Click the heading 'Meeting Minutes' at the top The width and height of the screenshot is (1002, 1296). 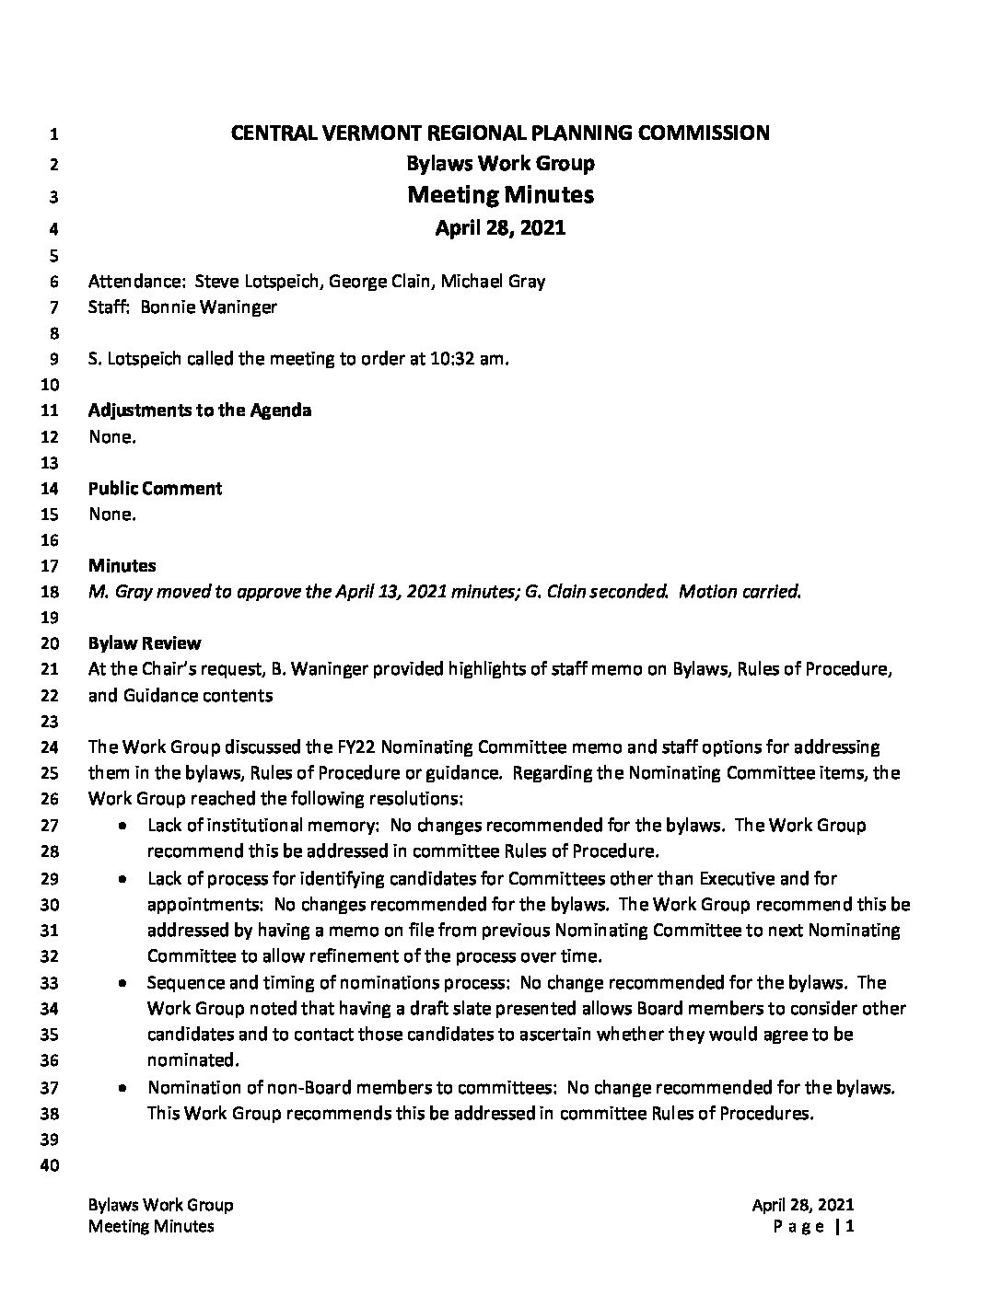point(500,195)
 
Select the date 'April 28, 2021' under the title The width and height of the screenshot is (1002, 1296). point(500,227)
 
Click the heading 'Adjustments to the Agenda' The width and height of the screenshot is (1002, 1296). point(200,411)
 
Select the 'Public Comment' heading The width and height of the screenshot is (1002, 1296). point(156,489)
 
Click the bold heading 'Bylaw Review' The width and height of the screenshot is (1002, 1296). point(145,643)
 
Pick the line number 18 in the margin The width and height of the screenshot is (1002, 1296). point(52,593)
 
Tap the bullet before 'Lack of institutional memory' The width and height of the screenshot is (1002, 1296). point(122,827)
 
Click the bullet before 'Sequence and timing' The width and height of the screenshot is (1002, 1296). point(122,983)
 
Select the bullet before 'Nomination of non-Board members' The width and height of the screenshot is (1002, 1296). point(122,1088)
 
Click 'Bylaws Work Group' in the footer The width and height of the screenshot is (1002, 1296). point(160,1205)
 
